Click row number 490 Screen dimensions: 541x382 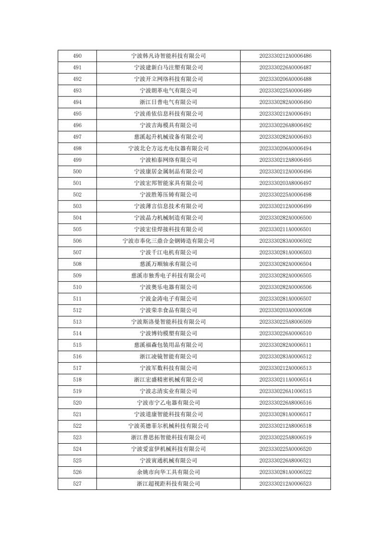77,56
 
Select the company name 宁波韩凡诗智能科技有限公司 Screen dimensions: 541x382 168,56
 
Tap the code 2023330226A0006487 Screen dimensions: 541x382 285,67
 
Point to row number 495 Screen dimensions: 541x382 77,114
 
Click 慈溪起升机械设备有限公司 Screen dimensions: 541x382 168,137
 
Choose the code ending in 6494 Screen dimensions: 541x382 285,148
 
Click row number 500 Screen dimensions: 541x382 77,172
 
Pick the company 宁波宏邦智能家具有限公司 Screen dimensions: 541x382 168,183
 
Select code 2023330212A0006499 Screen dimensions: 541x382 285,206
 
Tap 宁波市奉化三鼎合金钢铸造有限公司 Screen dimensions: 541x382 168,241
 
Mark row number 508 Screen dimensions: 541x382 77,264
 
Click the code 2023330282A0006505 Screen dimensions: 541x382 285,276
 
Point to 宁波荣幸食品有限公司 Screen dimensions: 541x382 168,310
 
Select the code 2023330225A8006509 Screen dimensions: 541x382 285,322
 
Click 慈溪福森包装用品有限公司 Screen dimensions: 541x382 168,345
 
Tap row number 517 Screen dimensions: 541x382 77,368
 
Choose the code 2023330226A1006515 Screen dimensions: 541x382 285,391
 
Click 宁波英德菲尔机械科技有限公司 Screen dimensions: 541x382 168,426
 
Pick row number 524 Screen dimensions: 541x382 77,449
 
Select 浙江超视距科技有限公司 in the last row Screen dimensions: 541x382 168,484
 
